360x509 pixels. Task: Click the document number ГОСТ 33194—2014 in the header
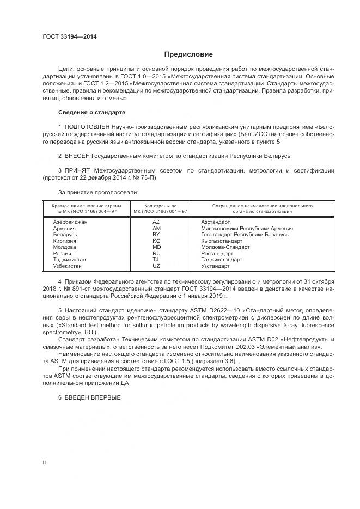(70, 37)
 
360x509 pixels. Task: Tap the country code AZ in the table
(156, 222)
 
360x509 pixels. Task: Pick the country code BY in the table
(156, 235)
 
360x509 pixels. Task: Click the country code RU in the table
(156, 253)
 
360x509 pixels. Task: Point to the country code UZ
(156, 266)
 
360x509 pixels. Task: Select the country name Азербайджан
(70, 222)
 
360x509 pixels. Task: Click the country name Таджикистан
(70, 260)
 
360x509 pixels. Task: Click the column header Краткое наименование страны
(86, 209)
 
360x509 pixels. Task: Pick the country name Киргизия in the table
(65, 241)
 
